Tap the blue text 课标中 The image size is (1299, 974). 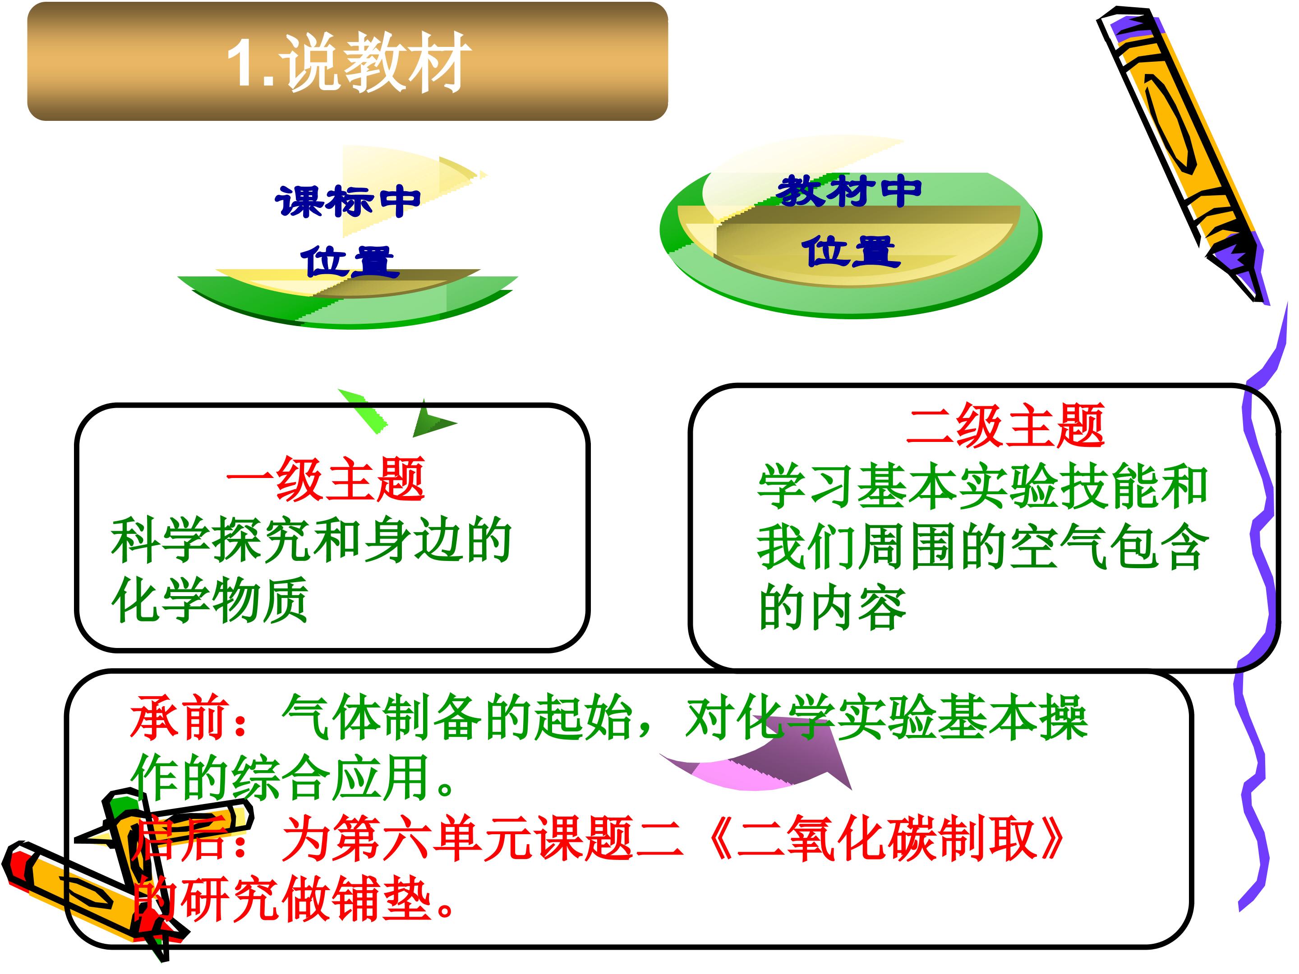(348, 202)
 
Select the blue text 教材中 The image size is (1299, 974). (848, 191)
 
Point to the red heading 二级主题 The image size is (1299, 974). (1005, 425)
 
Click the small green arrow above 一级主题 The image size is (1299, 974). (397, 414)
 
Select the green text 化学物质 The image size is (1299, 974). (210, 600)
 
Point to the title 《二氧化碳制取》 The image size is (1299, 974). (887, 838)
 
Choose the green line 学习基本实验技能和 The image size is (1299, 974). (982, 486)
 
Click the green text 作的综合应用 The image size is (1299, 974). (280, 777)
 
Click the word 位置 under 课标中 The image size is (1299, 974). (350, 262)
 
